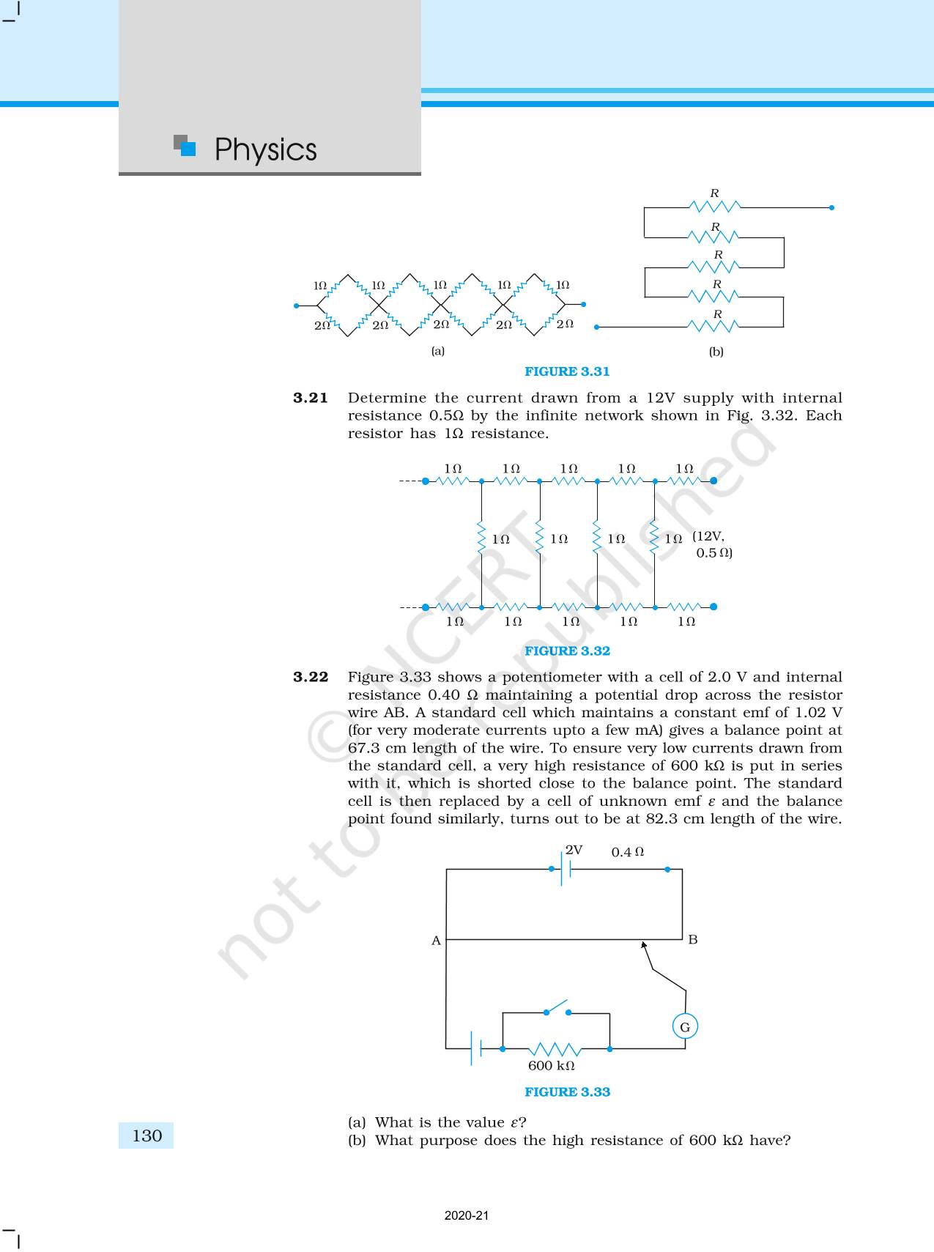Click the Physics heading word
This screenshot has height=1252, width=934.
(x=265, y=150)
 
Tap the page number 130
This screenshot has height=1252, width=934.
(x=147, y=1136)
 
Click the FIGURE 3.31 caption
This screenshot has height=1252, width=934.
(x=567, y=371)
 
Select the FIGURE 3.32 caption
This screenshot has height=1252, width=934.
(x=567, y=651)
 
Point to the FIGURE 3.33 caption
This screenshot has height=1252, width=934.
(x=567, y=1092)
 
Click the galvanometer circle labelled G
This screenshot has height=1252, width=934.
(x=685, y=1027)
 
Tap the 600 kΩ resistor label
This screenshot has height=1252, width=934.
(x=551, y=1066)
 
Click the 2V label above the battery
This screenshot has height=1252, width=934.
(x=574, y=850)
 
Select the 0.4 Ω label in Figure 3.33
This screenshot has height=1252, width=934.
(x=628, y=852)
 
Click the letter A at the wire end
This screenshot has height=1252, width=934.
(x=436, y=941)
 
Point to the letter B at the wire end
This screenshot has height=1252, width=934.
(x=693, y=940)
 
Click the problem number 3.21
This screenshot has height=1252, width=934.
(x=311, y=398)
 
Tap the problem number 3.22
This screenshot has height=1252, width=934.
(x=311, y=677)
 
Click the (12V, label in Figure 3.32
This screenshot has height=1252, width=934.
(x=708, y=536)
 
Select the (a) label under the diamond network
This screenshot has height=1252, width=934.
(x=438, y=351)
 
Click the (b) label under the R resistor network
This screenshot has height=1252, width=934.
(x=716, y=352)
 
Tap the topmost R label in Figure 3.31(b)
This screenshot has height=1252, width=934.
(x=715, y=193)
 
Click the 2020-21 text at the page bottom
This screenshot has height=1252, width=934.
(x=467, y=1215)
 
